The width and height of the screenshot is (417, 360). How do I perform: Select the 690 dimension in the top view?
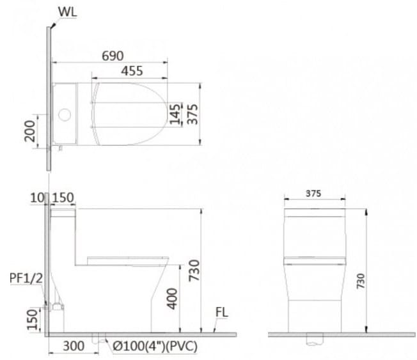[x=113, y=56]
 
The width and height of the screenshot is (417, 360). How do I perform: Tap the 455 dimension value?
[x=131, y=72]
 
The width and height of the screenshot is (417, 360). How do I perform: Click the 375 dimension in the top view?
[x=191, y=113]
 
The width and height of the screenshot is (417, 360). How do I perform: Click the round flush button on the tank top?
[x=63, y=115]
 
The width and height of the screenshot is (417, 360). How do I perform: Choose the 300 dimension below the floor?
[x=75, y=346]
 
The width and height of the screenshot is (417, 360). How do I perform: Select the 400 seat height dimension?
[x=172, y=297]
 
